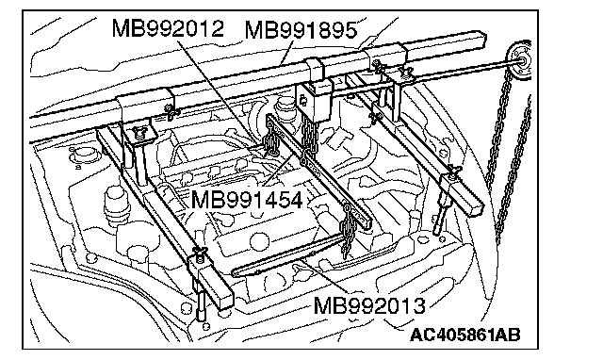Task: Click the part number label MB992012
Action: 168,29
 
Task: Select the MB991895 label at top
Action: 301,30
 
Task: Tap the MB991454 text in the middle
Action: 247,200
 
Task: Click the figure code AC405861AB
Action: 464,335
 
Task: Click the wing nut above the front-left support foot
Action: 200,254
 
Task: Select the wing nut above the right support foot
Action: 453,170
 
